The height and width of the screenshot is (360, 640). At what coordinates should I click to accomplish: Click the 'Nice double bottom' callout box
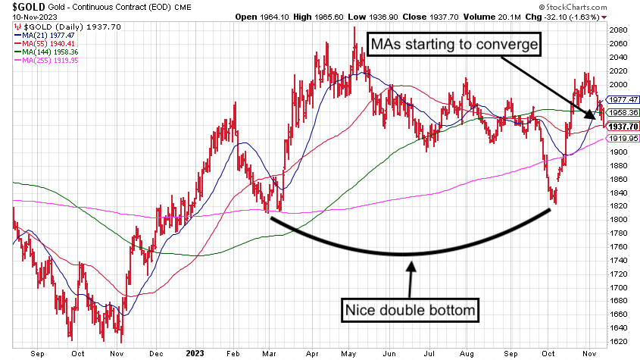point(411,310)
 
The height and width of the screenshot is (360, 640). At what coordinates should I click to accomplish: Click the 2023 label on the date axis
point(196,352)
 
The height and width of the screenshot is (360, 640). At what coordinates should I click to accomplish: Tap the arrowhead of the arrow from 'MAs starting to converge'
point(592,115)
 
